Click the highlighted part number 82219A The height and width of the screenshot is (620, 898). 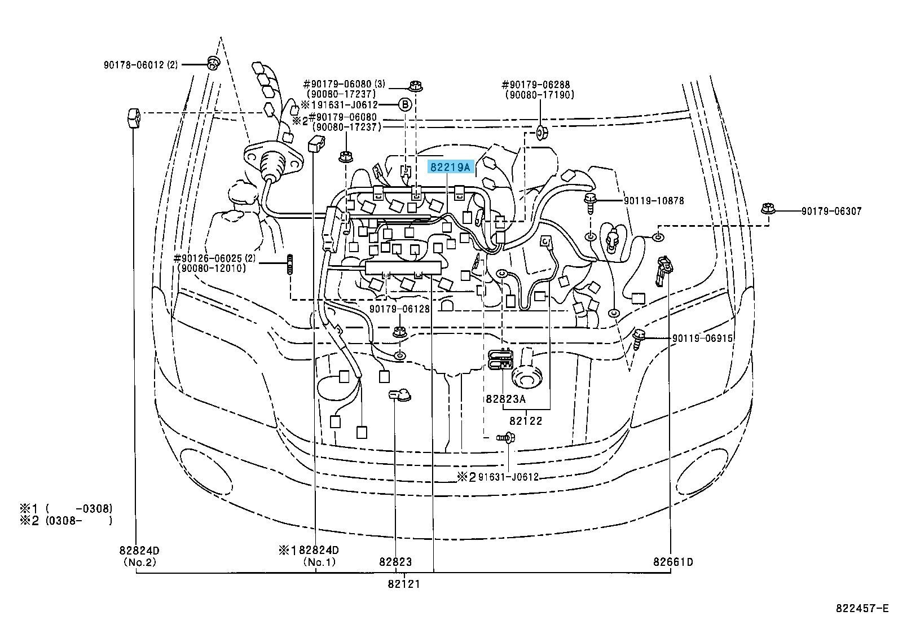tap(451, 167)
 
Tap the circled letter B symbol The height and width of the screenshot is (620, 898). tap(406, 105)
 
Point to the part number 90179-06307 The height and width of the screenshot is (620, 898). tap(831, 212)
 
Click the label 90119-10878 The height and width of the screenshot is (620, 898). tap(654, 200)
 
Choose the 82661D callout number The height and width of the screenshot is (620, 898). tap(673, 562)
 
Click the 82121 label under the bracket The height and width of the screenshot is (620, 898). tap(404, 584)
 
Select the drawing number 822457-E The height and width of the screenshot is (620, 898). tap(862, 608)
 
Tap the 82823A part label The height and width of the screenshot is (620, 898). tap(506, 399)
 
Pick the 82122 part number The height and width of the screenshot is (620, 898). tap(526, 421)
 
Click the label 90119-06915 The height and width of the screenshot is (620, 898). tap(702, 338)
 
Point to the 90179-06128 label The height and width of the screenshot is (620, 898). tap(399, 309)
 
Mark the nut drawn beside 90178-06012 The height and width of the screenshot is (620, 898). tap(213, 63)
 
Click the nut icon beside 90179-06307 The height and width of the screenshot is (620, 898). tap(767, 209)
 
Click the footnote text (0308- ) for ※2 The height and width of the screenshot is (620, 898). tap(78, 521)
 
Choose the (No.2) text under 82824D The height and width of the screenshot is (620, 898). tap(139, 562)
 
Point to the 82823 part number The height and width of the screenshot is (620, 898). tap(395, 562)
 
